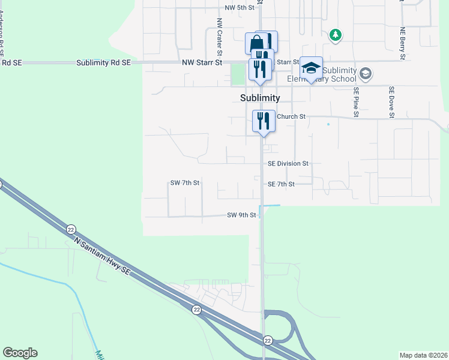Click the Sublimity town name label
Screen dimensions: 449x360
pyautogui.click(x=256, y=98)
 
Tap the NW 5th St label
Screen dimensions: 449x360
pyautogui.click(x=240, y=8)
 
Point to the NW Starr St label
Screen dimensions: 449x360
pyautogui.click(x=202, y=62)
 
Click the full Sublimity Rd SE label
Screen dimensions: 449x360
pyautogui.click(x=104, y=62)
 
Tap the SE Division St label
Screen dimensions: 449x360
pyautogui.click(x=288, y=163)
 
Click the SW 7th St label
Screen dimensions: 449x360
pyautogui.click(x=184, y=182)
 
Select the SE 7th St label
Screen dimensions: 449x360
pyautogui.click(x=281, y=184)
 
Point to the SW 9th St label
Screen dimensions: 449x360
pyautogui.click(x=242, y=214)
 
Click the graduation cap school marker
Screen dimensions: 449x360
pyautogui.click(x=311, y=68)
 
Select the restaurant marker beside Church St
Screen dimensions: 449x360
pyautogui.click(x=263, y=121)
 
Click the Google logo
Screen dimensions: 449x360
pyautogui.click(x=20, y=353)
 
